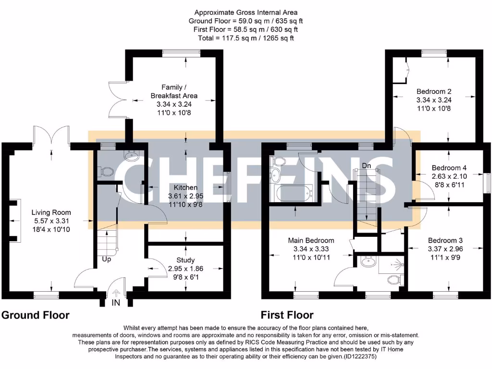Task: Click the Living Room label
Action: pos(51,212)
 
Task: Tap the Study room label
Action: pos(185,260)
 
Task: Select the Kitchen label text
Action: pos(186,187)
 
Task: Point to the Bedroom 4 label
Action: pos(449,168)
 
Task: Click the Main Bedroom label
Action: pos(311,240)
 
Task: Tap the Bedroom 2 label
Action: pos(433,91)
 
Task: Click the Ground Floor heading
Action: pos(36,316)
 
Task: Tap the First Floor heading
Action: pos(287,316)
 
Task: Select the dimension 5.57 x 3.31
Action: pos(51,221)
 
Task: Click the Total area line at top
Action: pos(246,37)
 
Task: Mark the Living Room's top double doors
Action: pos(52,135)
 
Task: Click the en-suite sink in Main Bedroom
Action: pos(369,262)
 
